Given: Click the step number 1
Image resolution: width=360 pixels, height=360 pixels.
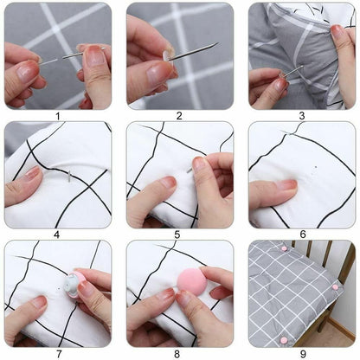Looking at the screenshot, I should pos(57,115).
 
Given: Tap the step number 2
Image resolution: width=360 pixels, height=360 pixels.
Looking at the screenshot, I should pos(179,115).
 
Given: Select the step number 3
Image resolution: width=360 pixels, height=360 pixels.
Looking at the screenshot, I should pos(301,115).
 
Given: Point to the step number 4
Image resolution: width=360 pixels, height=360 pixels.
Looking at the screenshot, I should pos(57,234).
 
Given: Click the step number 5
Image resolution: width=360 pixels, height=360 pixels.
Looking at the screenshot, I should pos(179,234).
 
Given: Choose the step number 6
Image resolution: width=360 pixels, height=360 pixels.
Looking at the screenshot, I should pos(301,234).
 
